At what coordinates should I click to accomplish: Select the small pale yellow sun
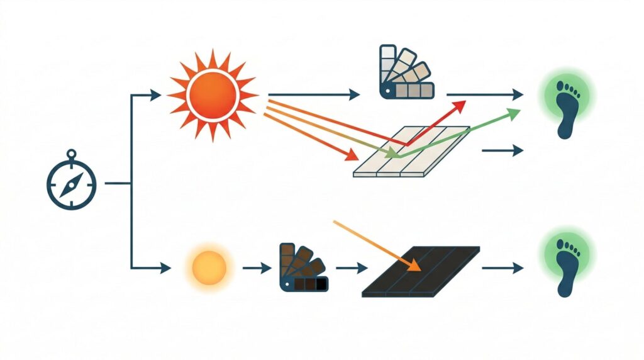pos(209,267)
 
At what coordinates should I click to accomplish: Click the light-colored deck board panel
pos(412,152)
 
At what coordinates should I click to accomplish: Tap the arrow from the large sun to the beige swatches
pos(314,95)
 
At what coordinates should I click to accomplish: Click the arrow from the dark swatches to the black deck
pos(352,268)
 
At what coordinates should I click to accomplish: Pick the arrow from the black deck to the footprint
pos(503,268)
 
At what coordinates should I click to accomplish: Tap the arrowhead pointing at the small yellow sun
pos(165,268)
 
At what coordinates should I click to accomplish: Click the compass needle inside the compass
pos(72,183)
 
